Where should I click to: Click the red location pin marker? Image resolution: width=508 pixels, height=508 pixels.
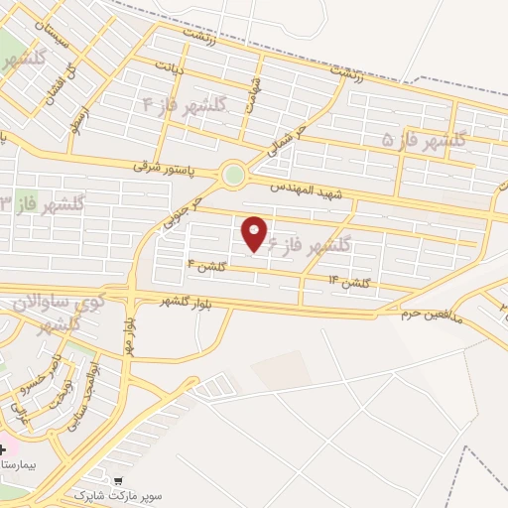coord(254,233)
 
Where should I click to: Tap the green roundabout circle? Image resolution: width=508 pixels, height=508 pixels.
coord(234,176)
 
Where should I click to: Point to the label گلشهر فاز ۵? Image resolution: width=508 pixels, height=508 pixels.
coord(425,141)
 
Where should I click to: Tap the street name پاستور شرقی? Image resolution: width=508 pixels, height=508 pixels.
coord(167,168)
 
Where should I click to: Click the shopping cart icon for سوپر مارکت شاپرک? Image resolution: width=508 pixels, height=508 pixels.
coord(120,480)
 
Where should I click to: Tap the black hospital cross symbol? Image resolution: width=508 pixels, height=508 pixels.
coord(3,448)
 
